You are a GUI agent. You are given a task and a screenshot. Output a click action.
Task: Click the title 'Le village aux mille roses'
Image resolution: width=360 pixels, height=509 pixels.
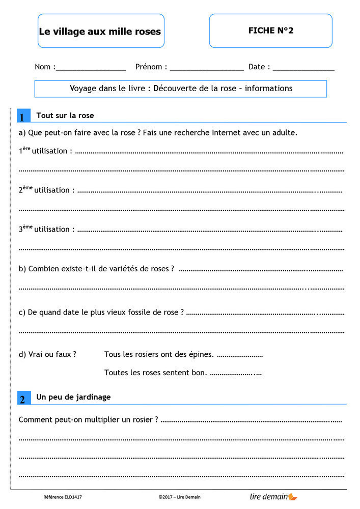(x=100, y=32)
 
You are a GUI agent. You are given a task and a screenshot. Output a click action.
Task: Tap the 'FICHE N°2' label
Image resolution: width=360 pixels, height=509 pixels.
(x=270, y=31)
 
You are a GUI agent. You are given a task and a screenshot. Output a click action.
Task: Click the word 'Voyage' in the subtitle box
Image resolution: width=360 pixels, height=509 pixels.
(x=83, y=89)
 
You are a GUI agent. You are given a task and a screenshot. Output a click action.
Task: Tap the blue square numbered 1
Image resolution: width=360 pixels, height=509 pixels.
(x=22, y=117)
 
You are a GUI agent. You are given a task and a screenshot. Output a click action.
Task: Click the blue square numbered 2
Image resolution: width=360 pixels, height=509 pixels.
(x=22, y=399)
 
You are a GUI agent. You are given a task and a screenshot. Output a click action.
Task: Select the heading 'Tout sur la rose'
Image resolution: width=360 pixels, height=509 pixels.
(x=65, y=116)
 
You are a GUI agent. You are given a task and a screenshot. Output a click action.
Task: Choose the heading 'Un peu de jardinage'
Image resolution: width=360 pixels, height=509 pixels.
(x=73, y=397)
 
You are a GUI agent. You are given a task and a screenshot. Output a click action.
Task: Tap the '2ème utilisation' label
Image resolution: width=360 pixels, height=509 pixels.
(x=46, y=190)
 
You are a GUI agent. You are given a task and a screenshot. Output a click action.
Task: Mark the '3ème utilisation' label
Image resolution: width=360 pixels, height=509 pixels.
(x=46, y=229)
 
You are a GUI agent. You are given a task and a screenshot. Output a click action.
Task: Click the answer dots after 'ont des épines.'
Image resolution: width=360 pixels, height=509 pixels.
(x=239, y=355)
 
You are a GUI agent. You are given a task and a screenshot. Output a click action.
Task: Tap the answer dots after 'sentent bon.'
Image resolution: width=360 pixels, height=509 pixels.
(x=236, y=373)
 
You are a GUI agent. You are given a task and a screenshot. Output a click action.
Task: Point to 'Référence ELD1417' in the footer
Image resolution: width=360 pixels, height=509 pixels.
(x=63, y=497)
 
